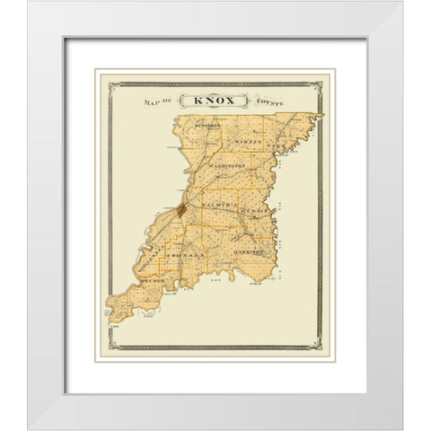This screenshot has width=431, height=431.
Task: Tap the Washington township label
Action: point(228,168)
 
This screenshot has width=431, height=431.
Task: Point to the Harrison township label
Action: point(252,252)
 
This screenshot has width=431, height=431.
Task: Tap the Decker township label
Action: point(154,281)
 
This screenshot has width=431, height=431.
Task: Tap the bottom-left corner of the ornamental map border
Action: point(110,347)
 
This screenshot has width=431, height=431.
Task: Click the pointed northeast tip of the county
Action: point(321,115)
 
